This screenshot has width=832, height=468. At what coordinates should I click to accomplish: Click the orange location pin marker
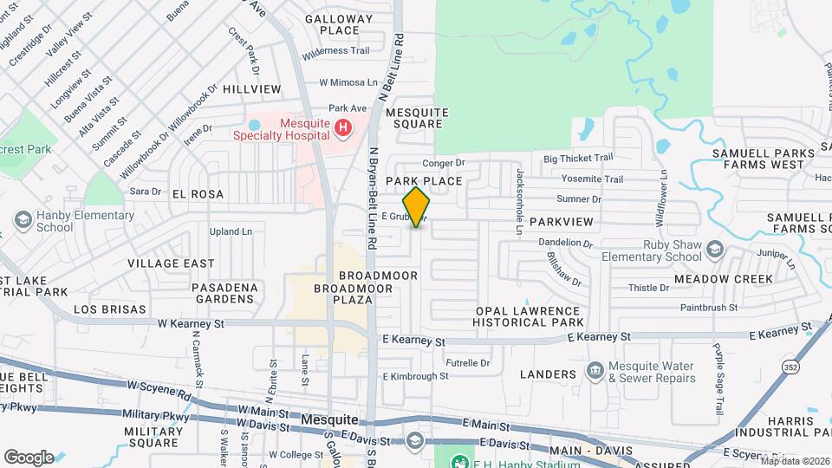point(417,206)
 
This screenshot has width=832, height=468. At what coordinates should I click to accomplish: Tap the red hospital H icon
point(344,129)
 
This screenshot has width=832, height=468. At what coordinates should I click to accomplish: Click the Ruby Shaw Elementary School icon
point(715,250)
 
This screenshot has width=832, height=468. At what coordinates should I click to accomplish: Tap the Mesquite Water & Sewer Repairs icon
point(595,371)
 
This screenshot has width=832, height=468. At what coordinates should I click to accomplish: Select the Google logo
point(29,457)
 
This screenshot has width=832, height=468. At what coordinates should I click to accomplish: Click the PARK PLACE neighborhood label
point(424,181)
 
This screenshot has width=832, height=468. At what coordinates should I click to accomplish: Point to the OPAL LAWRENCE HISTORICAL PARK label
point(528,316)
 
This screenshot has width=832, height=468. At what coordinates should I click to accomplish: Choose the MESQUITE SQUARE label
point(417,118)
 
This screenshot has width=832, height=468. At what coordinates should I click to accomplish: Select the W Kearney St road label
point(191,323)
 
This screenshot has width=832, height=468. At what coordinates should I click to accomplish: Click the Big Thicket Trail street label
point(578,158)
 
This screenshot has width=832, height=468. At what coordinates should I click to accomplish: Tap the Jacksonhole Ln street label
point(519,203)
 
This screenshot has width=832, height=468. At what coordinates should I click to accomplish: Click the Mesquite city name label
point(330,419)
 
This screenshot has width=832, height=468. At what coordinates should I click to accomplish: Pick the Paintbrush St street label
point(709,307)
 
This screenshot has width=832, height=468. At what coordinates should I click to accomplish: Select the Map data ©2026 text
point(795,461)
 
